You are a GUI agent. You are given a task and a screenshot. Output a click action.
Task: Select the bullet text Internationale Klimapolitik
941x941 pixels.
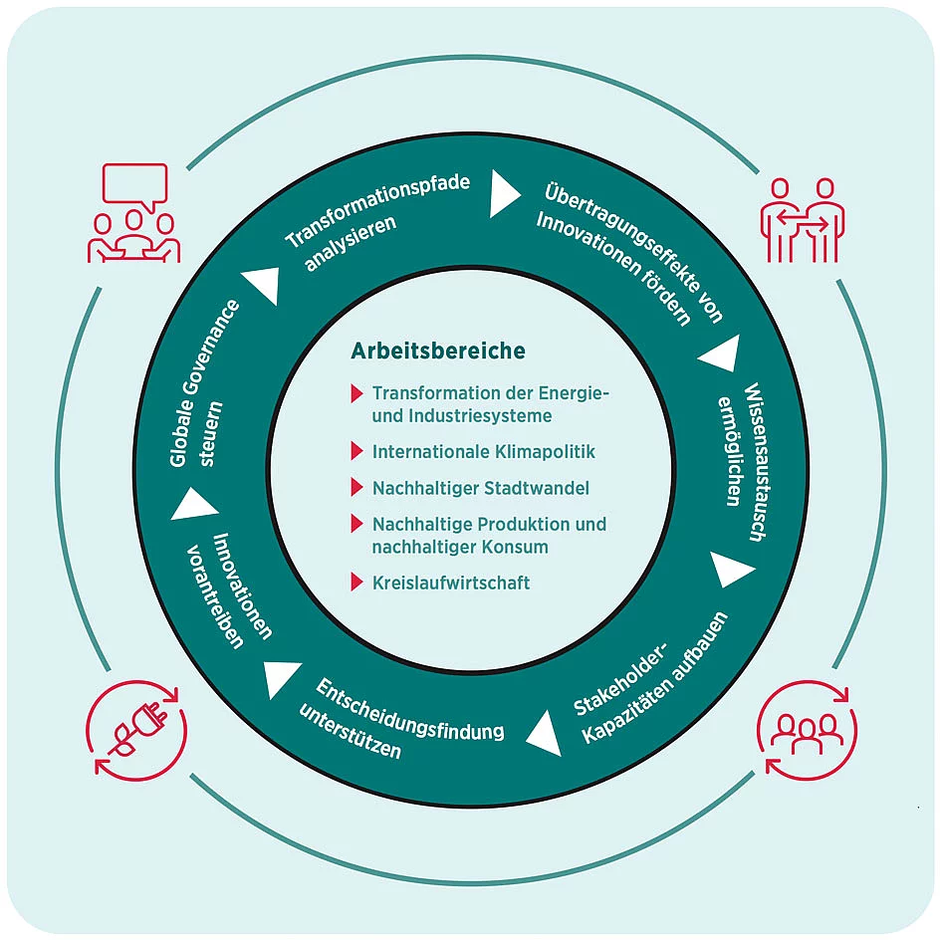click(x=483, y=451)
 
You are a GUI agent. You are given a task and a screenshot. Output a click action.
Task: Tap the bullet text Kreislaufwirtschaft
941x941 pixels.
click(x=450, y=583)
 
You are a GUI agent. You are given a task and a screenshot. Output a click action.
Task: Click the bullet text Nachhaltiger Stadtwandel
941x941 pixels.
click(x=480, y=488)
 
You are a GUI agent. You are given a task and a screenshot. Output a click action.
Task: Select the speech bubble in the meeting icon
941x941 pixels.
click(x=134, y=184)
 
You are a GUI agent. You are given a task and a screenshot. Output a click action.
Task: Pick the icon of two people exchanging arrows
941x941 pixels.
click(x=802, y=219)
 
